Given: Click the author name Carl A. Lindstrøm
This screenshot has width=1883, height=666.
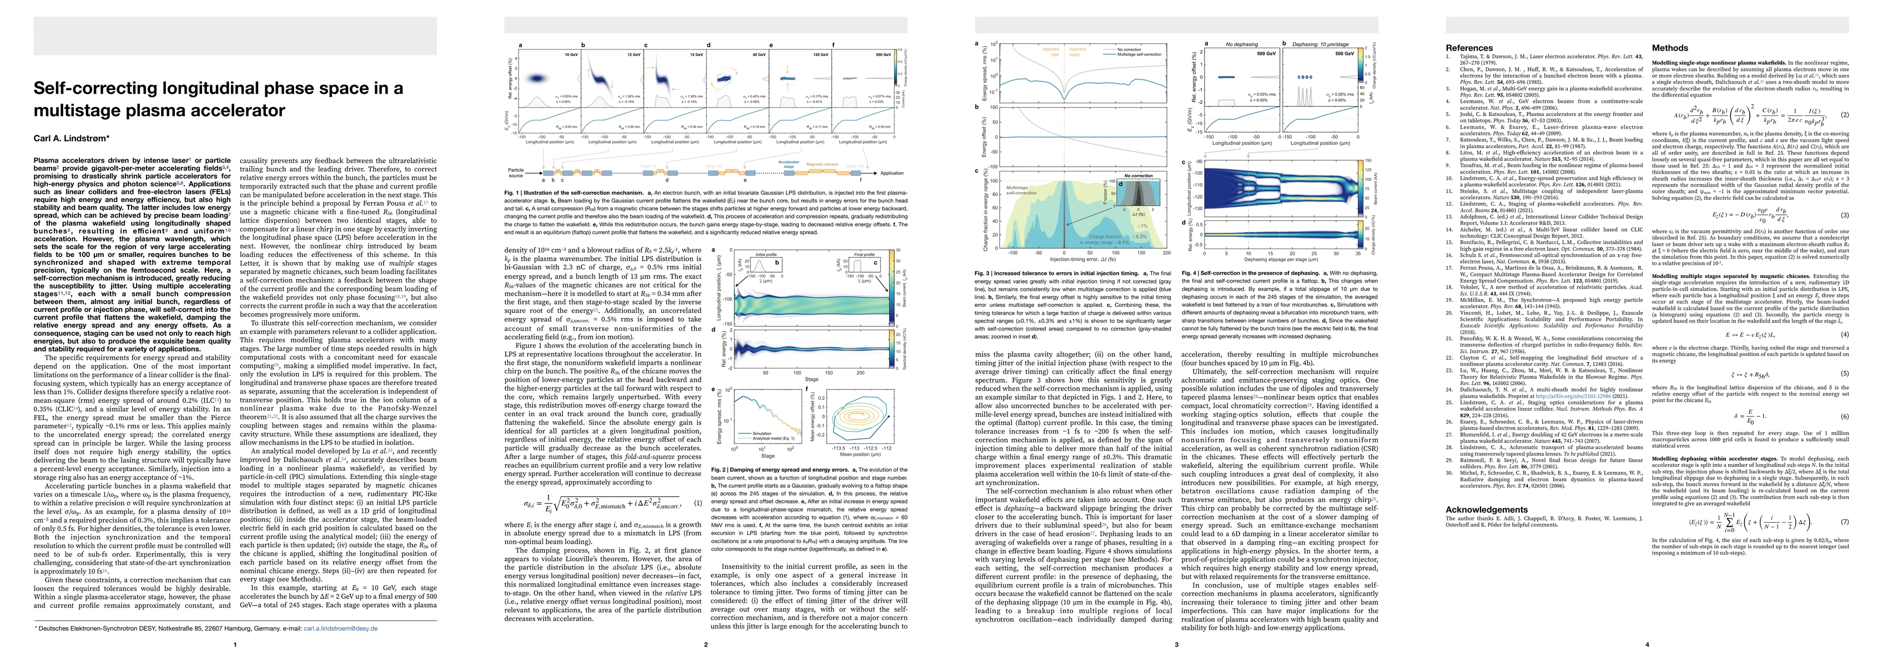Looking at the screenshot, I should click(x=70, y=138).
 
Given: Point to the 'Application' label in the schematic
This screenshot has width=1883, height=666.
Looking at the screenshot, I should click(x=892, y=173).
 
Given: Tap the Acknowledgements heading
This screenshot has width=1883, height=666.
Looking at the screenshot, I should click(x=1486, y=509).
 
